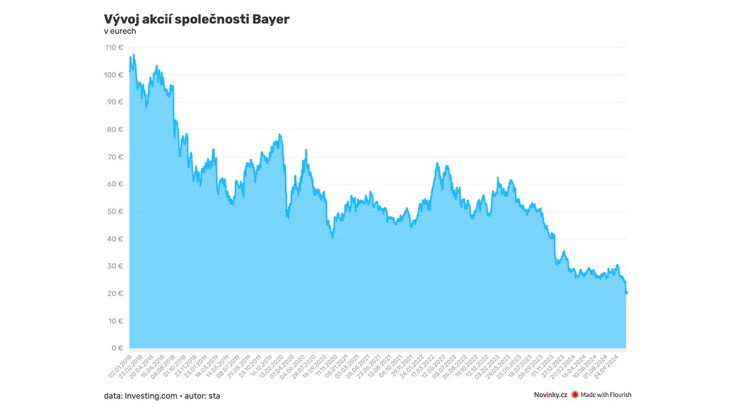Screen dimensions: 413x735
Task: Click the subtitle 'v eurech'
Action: point(120,31)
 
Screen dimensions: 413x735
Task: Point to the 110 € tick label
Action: point(115,48)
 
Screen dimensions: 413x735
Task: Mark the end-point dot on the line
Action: point(626,292)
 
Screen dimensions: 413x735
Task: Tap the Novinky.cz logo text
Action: point(551,395)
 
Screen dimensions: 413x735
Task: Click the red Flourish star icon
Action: point(575,395)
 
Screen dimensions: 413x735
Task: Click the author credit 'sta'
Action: point(214,396)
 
